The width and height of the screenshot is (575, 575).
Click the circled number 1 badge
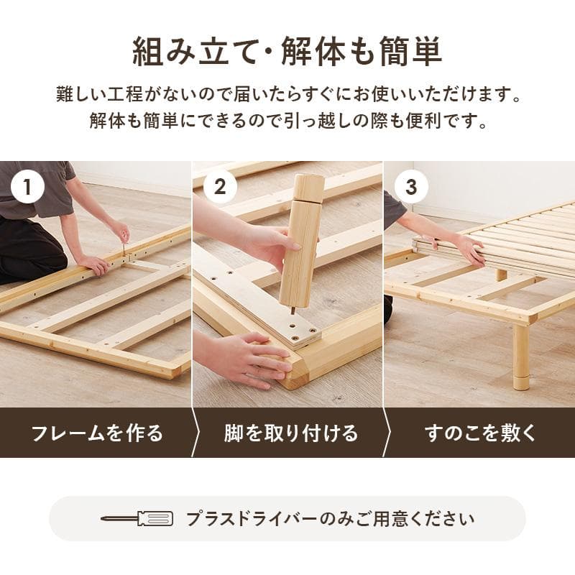point(28,188)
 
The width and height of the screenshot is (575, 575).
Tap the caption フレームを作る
point(96,433)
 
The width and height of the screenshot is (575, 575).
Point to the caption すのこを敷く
point(480,433)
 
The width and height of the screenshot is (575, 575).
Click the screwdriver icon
point(137,518)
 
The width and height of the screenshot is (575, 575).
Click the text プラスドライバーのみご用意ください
point(330,518)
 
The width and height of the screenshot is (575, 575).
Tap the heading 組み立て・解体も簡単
point(287,51)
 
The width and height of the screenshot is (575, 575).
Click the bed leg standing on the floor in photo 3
point(521,356)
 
